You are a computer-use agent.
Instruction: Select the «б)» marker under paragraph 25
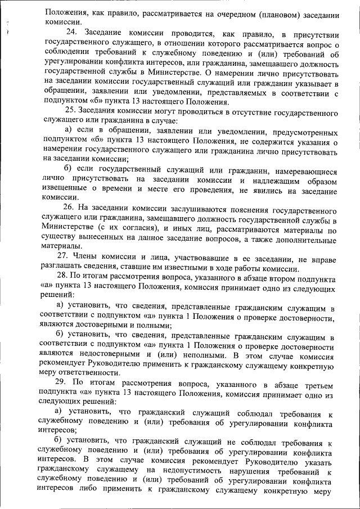coord(69,170)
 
